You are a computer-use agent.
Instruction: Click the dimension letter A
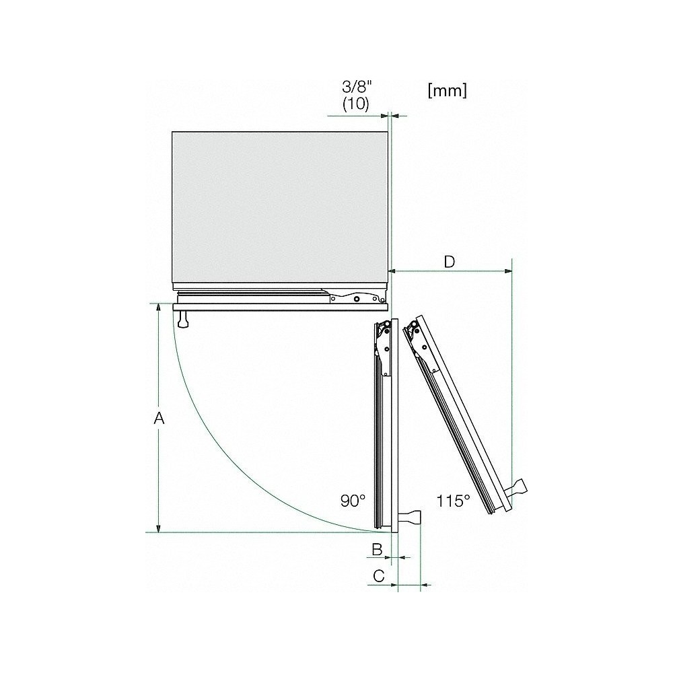click(x=159, y=419)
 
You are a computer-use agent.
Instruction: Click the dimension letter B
click(x=378, y=550)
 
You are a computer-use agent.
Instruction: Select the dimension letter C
click(x=379, y=576)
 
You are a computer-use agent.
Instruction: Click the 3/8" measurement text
click(x=356, y=88)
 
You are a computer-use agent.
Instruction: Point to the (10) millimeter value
click(x=356, y=104)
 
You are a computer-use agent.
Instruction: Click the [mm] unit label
click(x=447, y=91)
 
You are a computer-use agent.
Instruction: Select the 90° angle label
click(x=353, y=501)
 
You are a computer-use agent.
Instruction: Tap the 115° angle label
click(x=453, y=501)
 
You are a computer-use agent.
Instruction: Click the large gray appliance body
click(x=279, y=205)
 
